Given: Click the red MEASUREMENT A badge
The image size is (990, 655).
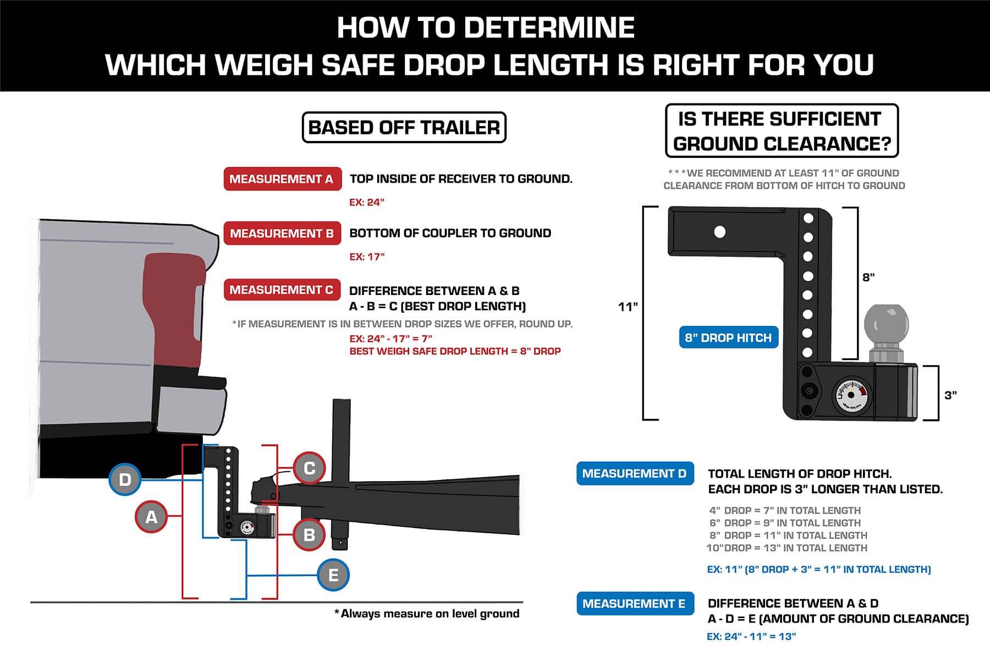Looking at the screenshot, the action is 282,179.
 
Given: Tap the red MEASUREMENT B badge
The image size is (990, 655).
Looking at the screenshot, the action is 282,233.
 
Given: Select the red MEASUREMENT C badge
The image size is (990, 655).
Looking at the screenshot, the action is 282,290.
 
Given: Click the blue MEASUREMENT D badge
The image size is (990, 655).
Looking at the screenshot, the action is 635,473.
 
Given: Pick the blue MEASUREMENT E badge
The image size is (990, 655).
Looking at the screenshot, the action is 635,604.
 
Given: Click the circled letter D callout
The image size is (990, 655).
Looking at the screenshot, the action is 125,479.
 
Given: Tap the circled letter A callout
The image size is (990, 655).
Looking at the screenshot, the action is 151,517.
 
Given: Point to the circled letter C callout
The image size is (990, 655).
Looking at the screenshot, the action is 309,468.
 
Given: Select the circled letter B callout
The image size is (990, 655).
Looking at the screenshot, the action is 309,534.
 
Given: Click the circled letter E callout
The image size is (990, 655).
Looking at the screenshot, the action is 333,575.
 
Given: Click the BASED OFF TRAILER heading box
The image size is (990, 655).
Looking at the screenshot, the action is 404,128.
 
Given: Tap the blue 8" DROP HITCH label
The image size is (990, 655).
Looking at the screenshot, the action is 729,337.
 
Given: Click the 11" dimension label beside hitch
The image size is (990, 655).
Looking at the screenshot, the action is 628,307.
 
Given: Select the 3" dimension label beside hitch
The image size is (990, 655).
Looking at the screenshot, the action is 951,395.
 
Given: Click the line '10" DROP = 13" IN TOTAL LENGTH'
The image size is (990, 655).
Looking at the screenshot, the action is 787,548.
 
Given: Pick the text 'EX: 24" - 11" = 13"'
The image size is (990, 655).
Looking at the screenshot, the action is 751,636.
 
